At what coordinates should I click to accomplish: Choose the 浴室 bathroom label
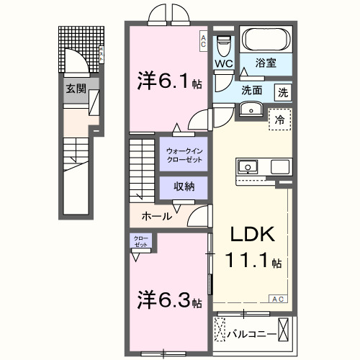[x=268, y=62]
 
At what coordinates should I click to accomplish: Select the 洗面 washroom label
[x=251, y=91]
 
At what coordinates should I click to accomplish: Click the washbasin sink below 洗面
[x=251, y=109]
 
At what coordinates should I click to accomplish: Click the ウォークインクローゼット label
[x=184, y=154]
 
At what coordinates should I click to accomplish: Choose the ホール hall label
[x=156, y=216]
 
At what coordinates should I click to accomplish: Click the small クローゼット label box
[x=140, y=241]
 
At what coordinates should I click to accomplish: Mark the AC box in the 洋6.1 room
[x=203, y=42]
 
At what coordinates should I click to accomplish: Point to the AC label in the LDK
[x=276, y=298]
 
